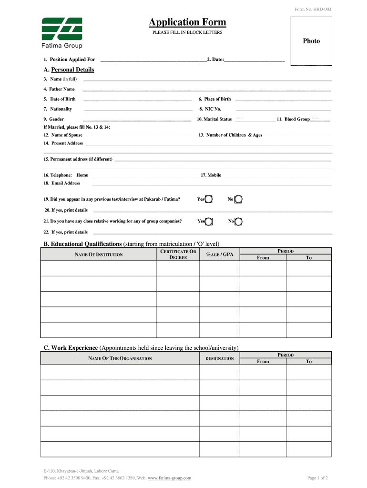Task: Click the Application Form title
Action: (x=187, y=22)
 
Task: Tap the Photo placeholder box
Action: (x=311, y=41)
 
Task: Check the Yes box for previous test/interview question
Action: (x=209, y=199)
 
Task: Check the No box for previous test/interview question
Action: (x=238, y=199)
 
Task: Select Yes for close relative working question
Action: (x=209, y=221)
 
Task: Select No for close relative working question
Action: (x=238, y=221)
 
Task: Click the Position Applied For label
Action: (x=69, y=60)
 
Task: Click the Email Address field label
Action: (x=62, y=183)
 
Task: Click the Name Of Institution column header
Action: (x=99, y=254)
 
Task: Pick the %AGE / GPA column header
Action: (x=220, y=254)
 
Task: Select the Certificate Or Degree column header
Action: (x=178, y=254)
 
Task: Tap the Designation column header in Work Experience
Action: (x=220, y=358)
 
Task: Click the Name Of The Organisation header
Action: (x=120, y=358)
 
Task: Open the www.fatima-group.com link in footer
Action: (x=170, y=478)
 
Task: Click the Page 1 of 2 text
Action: (x=317, y=478)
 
